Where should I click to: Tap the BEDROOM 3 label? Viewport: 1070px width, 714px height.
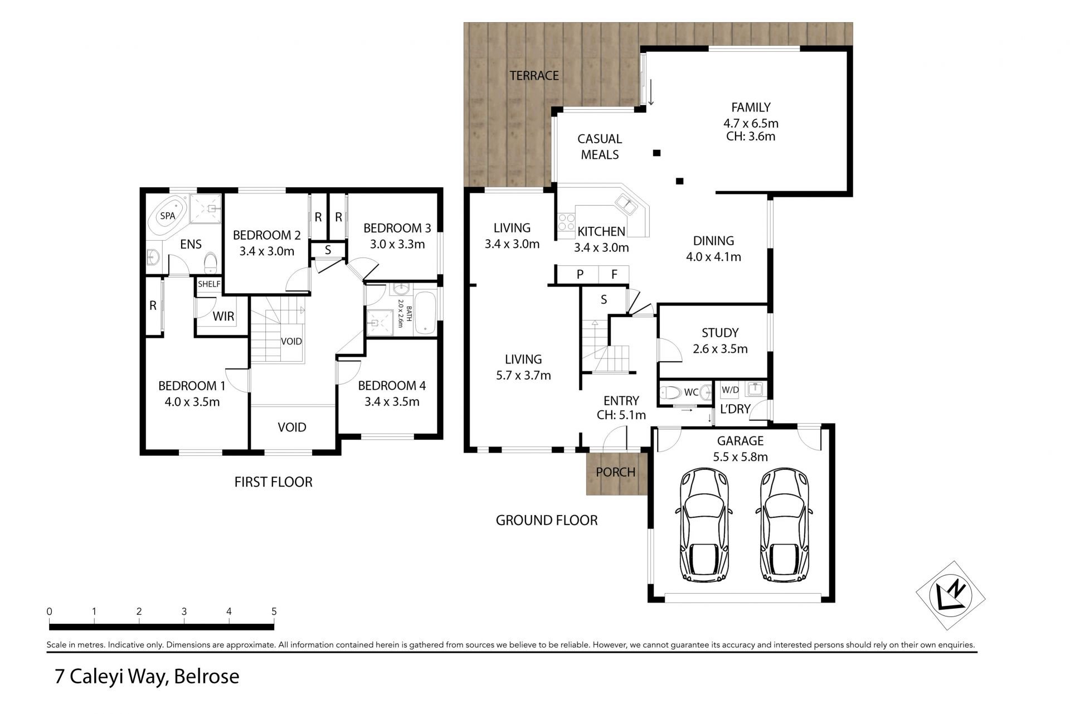click(397, 228)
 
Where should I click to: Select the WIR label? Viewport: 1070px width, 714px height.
click(223, 317)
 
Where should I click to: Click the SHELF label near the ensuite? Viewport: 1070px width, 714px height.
click(209, 284)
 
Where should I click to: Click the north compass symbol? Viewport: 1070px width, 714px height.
click(951, 595)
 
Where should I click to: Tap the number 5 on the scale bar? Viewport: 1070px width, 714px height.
click(274, 611)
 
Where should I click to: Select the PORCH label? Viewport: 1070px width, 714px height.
click(616, 472)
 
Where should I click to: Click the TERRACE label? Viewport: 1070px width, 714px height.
click(534, 76)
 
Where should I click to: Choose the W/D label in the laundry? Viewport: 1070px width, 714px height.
click(730, 390)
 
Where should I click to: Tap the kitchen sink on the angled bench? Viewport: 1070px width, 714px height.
click(628, 204)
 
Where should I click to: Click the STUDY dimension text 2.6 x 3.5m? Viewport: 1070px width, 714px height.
click(720, 349)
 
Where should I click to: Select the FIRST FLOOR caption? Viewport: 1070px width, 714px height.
click(273, 482)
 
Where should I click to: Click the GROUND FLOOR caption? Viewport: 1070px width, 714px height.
click(547, 521)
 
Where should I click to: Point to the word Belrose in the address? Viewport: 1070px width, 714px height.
click(206, 677)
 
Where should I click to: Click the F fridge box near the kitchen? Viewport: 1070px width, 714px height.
click(614, 274)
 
